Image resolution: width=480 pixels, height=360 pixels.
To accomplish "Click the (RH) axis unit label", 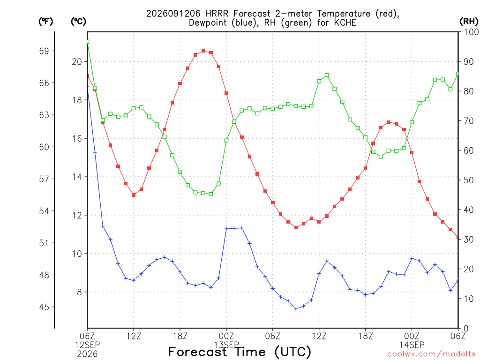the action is coord(469,21).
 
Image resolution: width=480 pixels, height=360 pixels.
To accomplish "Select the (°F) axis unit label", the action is coord(45,22).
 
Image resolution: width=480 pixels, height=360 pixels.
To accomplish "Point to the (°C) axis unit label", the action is coord(78,22).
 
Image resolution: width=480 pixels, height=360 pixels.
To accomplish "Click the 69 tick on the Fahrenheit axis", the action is coord(44,51).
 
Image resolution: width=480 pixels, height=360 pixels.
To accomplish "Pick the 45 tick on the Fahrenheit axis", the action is coord(44,307).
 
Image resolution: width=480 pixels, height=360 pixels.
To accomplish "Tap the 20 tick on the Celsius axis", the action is coord(77,62).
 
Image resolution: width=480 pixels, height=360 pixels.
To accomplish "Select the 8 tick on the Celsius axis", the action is coord(80,292).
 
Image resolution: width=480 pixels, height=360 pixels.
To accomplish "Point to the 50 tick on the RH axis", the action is coord(469,180).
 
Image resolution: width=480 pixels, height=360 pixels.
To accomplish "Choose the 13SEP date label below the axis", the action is coord(226,345).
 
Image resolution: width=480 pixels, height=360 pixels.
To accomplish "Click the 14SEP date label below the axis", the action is coord(412,345).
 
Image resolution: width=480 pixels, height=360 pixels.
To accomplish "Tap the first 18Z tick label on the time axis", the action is coord(180,336).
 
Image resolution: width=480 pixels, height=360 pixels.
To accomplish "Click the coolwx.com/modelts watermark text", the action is coord(431,354).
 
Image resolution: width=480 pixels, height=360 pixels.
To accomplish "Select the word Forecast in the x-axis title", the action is coord(198,352).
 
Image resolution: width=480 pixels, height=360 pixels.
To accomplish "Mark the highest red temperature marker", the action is coord(203,51).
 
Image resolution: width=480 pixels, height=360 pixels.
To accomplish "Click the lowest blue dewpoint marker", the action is coord(296,309).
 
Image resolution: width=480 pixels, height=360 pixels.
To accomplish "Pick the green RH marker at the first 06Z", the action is coord(88,42).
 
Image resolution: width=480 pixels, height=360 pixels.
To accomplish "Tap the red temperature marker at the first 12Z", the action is coord(134,195).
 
